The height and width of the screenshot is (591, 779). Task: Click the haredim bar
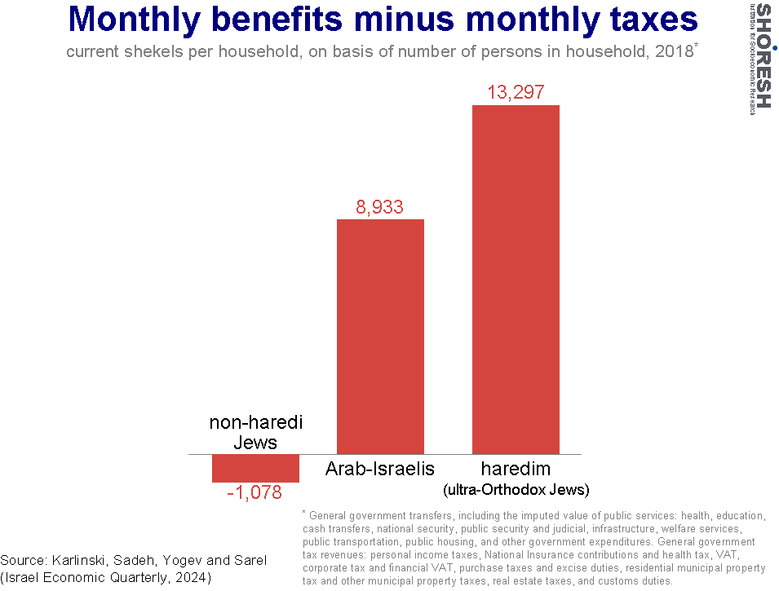point(516,280)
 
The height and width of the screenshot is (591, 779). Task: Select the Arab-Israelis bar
point(381,337)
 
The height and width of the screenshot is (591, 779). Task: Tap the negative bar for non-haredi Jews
point(255,469)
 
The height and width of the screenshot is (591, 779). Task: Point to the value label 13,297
point(516,92)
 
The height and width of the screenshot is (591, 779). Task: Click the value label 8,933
point(379,207)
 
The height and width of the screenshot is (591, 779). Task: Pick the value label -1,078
point(255,492)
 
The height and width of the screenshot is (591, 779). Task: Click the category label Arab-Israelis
point(380,469)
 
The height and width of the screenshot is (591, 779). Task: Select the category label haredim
point(516,469)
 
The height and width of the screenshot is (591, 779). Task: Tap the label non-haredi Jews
point(256,432)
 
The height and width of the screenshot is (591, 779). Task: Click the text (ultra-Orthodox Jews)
point(516,490)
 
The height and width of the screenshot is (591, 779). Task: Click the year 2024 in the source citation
point(193,578)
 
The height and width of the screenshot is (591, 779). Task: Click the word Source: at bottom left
point(24,561)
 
